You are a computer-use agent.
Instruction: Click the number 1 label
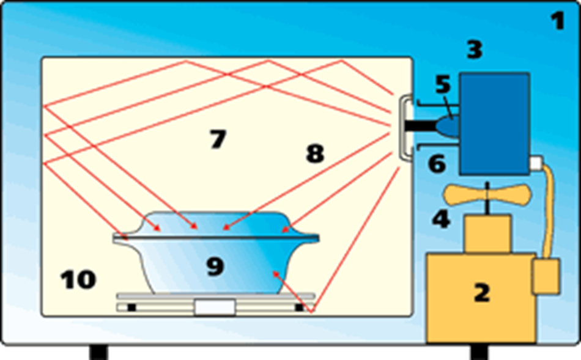coord(558,21)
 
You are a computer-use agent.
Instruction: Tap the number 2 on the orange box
coord(482,293)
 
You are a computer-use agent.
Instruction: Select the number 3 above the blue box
coord(475,50)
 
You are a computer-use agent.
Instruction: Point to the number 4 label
coord(441,219)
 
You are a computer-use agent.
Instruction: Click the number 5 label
coord(443,84)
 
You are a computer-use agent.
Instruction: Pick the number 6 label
coord(437,164)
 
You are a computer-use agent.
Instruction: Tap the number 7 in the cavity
coord(218,139)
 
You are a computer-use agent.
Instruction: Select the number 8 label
coord(315,153)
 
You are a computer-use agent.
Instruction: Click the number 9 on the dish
coord(215,266)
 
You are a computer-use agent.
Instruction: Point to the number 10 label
coord(78,280)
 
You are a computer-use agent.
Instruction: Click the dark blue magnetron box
coord(495,123)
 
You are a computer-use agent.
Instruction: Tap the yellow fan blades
coord(487,195)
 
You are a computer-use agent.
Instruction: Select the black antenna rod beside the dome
coord(420,126)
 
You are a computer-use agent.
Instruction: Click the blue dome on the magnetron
coord(448,126)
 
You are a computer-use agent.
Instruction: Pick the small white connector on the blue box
coord(536,163)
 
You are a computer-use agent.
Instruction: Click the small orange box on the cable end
coord(546,276)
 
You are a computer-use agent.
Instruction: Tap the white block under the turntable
coord(215,307)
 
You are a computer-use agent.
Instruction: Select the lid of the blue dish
coord(216,226)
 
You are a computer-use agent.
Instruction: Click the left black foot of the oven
coord(98,352)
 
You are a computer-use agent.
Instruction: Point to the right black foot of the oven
coord(479,352)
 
